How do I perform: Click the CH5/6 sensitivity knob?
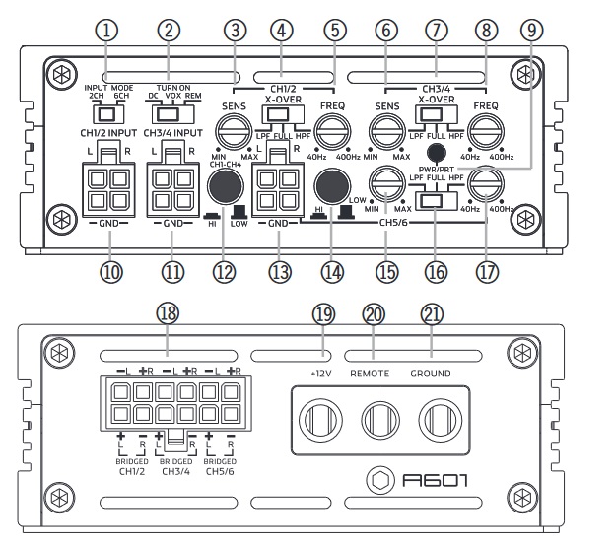click(383, 182)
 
